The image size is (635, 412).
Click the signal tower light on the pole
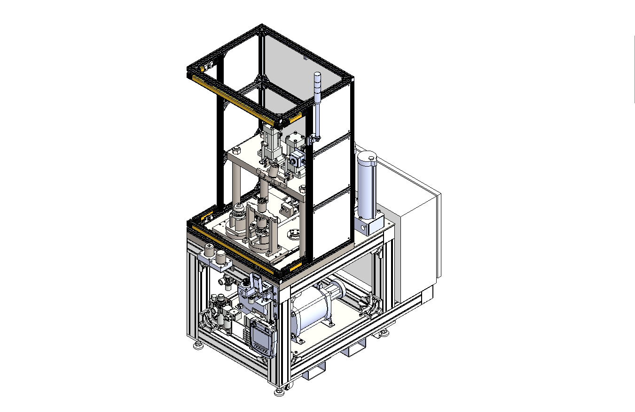[x=317, y=84]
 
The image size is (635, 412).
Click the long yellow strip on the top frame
[x=240, y=96]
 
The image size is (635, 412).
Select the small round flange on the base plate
[x=295, y=232]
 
